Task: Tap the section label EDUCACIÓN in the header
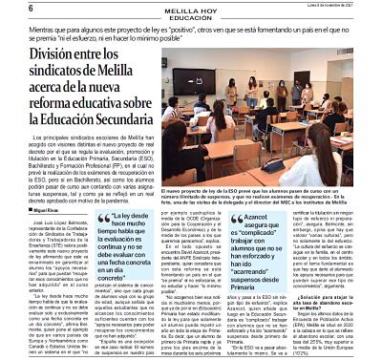[190, 16]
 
